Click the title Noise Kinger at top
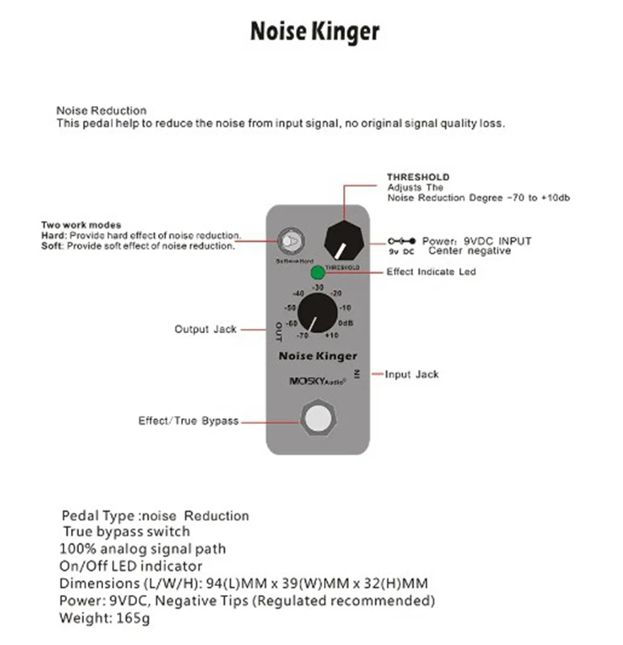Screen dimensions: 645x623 pos(314,32)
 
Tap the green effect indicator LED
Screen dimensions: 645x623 pos(318,273)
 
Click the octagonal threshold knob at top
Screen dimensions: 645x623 pos(344,239)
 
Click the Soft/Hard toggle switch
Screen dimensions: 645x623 pos(289,241)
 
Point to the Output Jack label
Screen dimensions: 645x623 pos(206,330)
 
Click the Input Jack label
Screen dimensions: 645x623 pos(411,375)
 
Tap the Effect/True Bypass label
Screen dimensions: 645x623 pos(188,421)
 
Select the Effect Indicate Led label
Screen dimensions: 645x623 pos(431,272)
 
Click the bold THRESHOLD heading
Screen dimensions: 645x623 pos(418,177)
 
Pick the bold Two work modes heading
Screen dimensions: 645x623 pos(81,224)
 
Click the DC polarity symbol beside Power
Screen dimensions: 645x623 pos(401,240)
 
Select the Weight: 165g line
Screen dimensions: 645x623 pos(105,618)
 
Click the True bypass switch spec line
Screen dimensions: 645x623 pos(127,531)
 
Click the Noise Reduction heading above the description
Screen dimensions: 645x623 pos(102,110)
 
